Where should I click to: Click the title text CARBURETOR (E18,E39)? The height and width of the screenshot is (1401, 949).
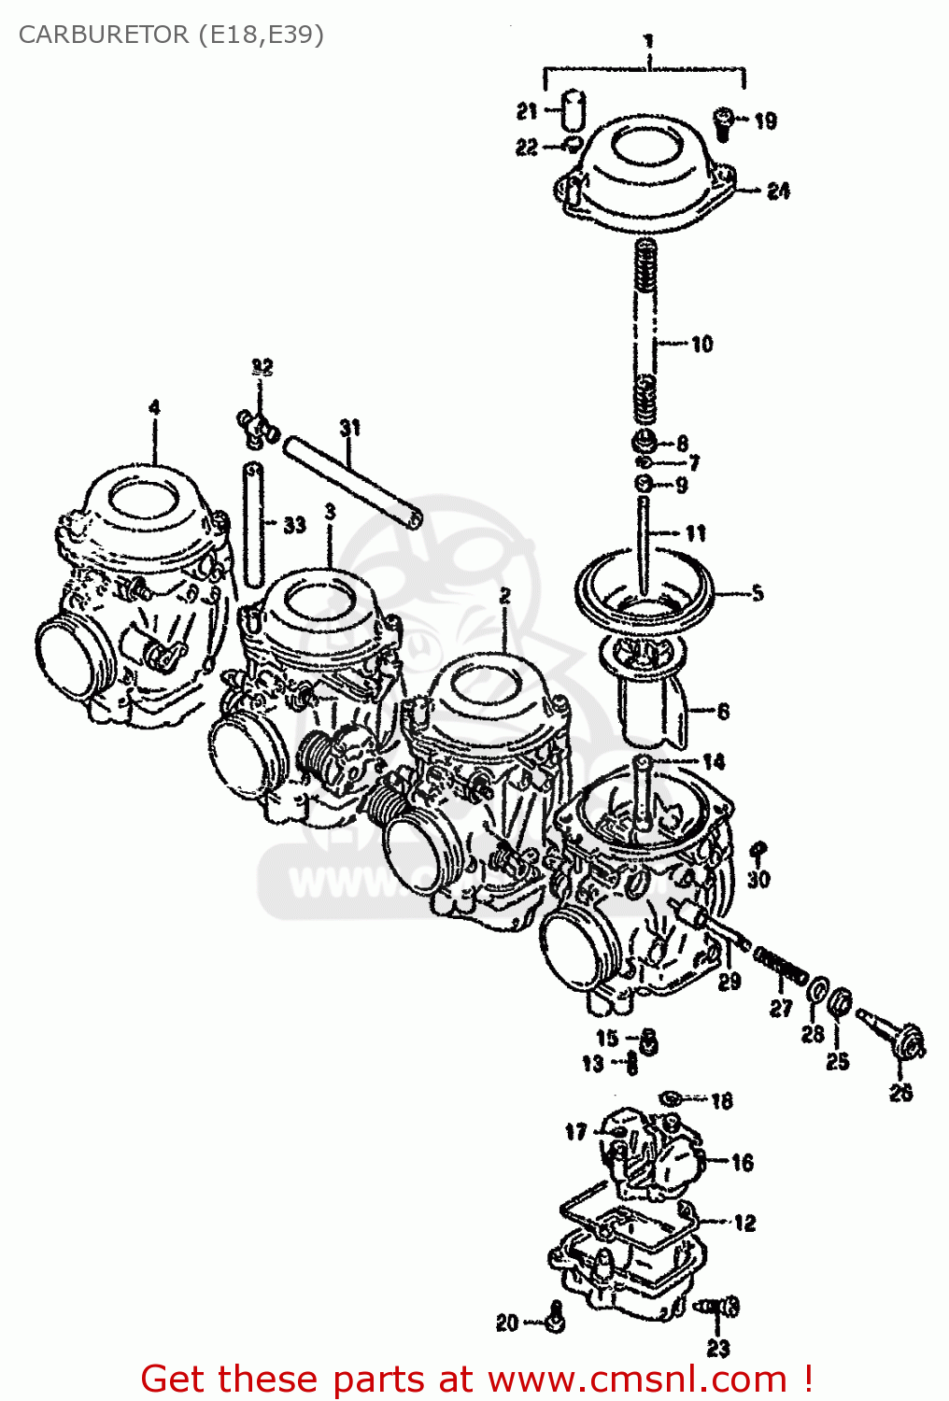tap(171, 35)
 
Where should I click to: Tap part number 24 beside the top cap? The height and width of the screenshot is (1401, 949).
tap(778, 191)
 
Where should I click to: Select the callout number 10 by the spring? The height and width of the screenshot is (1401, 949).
tap(701, 344)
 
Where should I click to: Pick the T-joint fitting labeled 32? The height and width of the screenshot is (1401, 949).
tap(255, 428)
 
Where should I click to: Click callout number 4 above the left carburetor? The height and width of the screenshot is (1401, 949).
tap(154, 407)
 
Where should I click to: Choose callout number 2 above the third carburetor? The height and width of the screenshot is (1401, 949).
tap(504, 595)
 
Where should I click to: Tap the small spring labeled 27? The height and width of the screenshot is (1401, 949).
tap(780, 965)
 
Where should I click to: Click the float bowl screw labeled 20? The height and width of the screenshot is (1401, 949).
tap(555, 1320)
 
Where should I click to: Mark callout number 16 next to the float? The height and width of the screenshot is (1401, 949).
tap(743, 1162)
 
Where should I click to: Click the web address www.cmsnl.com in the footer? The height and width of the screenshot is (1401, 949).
tap(637, 1379)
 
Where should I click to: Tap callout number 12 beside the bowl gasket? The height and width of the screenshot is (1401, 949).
tap(744, 1223)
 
